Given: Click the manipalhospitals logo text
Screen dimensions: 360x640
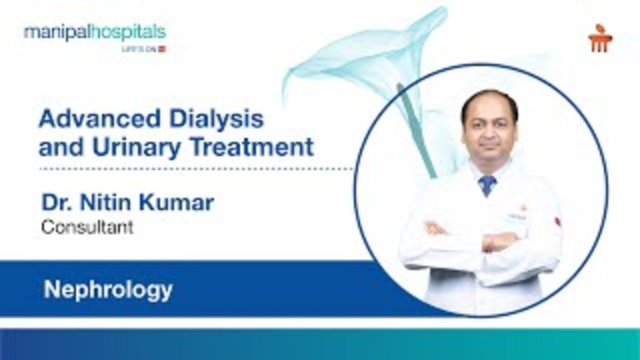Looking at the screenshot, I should pos(94,32).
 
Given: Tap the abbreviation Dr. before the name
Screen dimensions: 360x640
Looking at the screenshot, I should pos(55,202).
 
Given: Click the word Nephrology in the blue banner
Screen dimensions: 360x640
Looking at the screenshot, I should pos(108,290).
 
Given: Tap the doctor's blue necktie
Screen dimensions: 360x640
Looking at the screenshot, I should pos(487,184).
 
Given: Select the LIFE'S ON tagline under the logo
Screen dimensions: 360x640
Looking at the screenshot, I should pos(147,49).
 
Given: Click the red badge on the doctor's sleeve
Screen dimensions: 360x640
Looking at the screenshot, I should pos(557,221).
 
